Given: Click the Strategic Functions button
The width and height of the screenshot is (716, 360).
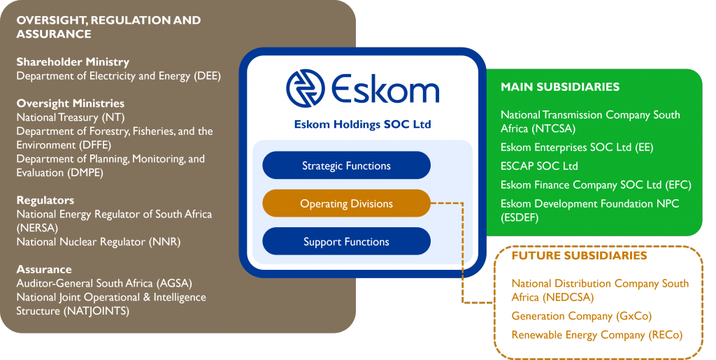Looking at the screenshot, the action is click(346, 165).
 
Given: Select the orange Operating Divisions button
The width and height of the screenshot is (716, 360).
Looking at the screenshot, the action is click(346, 203).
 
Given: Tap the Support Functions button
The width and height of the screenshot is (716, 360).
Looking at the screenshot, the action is click(346, 241).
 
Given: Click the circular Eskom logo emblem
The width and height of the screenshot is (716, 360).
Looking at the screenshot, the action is click(306, 89).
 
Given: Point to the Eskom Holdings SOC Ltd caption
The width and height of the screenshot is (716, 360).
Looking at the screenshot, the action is click(363, 124).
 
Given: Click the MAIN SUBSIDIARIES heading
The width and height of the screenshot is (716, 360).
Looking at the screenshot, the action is click(560, 87).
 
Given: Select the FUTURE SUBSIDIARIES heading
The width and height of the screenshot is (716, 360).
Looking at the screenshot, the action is click(579, 255).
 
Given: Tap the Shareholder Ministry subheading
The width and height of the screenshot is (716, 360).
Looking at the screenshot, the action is click(73, 62).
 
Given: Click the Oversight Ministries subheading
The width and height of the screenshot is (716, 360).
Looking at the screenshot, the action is click(71, 103).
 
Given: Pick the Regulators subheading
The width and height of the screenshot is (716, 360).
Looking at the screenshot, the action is click(45, 201).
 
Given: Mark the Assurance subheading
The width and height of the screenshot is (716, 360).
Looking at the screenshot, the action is click(44, 269).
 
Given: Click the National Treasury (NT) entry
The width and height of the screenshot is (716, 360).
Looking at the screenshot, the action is click(71, 117).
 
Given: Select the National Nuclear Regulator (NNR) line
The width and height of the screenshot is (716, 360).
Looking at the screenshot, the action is click(98, 242).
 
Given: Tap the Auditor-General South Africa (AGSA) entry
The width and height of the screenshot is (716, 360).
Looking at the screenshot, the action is click(104, 283).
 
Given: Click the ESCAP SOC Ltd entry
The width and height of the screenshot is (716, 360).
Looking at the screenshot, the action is click(539, 166).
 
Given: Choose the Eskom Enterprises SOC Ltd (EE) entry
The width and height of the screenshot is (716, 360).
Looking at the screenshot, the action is click(577, 147).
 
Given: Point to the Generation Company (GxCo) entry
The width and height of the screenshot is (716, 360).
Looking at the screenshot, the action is click(581, 316).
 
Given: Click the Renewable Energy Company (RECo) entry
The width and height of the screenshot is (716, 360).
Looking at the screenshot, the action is click(597, 335).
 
